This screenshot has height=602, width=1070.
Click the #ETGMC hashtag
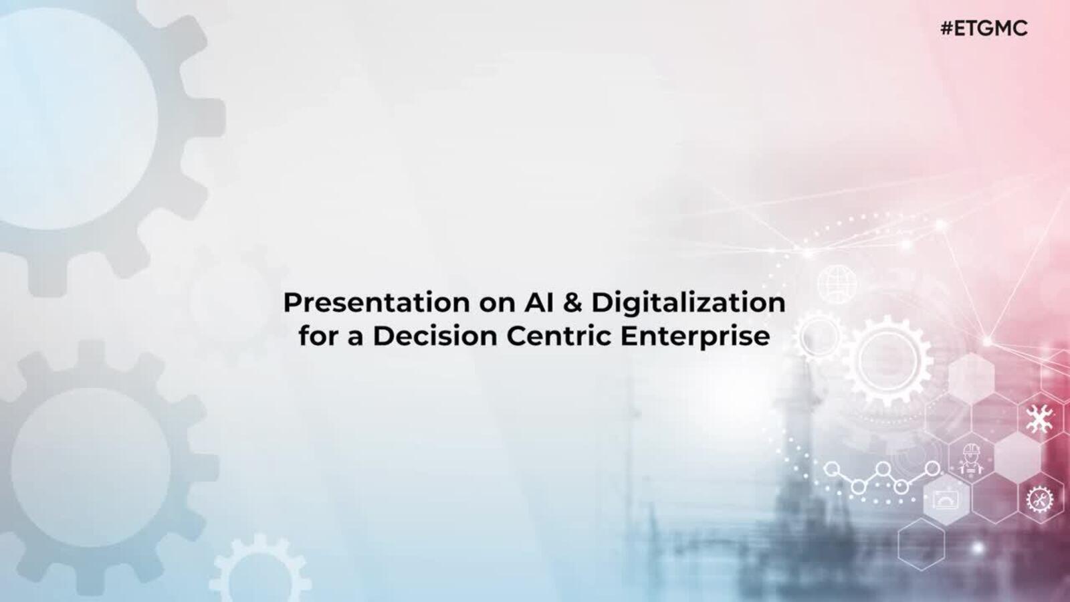click(x=984, y=29)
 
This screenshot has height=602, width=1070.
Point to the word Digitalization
click(x=688, y=303)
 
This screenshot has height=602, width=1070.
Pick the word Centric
click(x=559, y=336)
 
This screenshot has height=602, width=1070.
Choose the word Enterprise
click(x=695, y=337)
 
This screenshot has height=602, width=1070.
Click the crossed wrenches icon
click(x=1039, y=418)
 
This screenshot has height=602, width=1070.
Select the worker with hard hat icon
click(x=970, y=459)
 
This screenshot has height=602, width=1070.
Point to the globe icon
click(x=837, y=284)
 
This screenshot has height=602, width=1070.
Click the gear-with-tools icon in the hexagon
click(x=1039, y=499)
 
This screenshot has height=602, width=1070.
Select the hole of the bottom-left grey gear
click(x=91, y=468)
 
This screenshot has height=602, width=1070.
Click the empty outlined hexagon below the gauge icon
click(x=921, y=544)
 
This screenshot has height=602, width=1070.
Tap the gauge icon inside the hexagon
click(x=946, y=500)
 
